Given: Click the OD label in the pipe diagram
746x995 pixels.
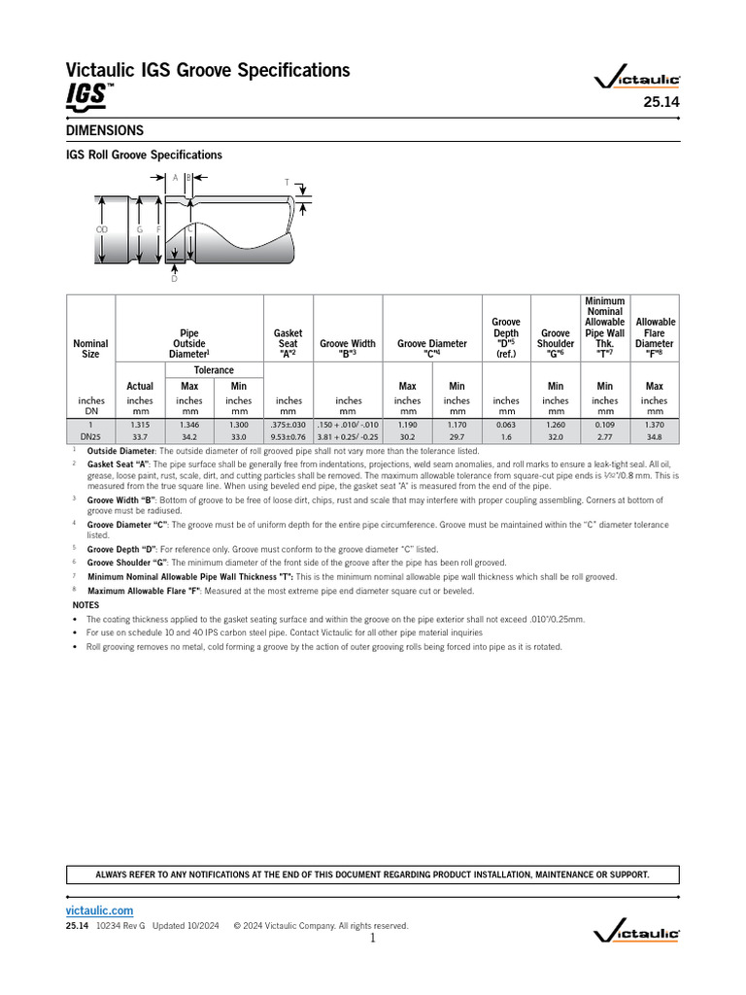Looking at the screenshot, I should [101, 229].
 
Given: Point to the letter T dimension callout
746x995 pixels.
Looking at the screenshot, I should [287, 183].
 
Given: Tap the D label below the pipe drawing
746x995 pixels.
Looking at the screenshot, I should [175, 279].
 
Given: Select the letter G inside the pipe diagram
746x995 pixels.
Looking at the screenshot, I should [140, 229].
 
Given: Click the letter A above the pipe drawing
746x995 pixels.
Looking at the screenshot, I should [175, 178].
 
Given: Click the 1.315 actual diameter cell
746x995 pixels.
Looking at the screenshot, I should [140, 425].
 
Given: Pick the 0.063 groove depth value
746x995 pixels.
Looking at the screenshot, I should [506, 425].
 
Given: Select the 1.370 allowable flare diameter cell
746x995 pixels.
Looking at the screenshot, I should [655, 425].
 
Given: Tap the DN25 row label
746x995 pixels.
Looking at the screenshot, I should [90, 437].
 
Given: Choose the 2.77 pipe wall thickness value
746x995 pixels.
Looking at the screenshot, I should [605, 437].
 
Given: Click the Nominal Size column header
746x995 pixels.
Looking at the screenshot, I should [90, 349].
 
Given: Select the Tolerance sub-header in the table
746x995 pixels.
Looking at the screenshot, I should [214, 370].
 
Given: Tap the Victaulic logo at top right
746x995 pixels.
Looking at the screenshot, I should [636, 82].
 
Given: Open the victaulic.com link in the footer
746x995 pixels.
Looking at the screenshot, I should [99, 910].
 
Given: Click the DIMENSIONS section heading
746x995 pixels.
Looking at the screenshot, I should [105, 130].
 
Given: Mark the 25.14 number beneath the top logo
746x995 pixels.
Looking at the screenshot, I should [661, 104].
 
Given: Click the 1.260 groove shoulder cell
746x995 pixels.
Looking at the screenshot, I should [556, 425].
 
